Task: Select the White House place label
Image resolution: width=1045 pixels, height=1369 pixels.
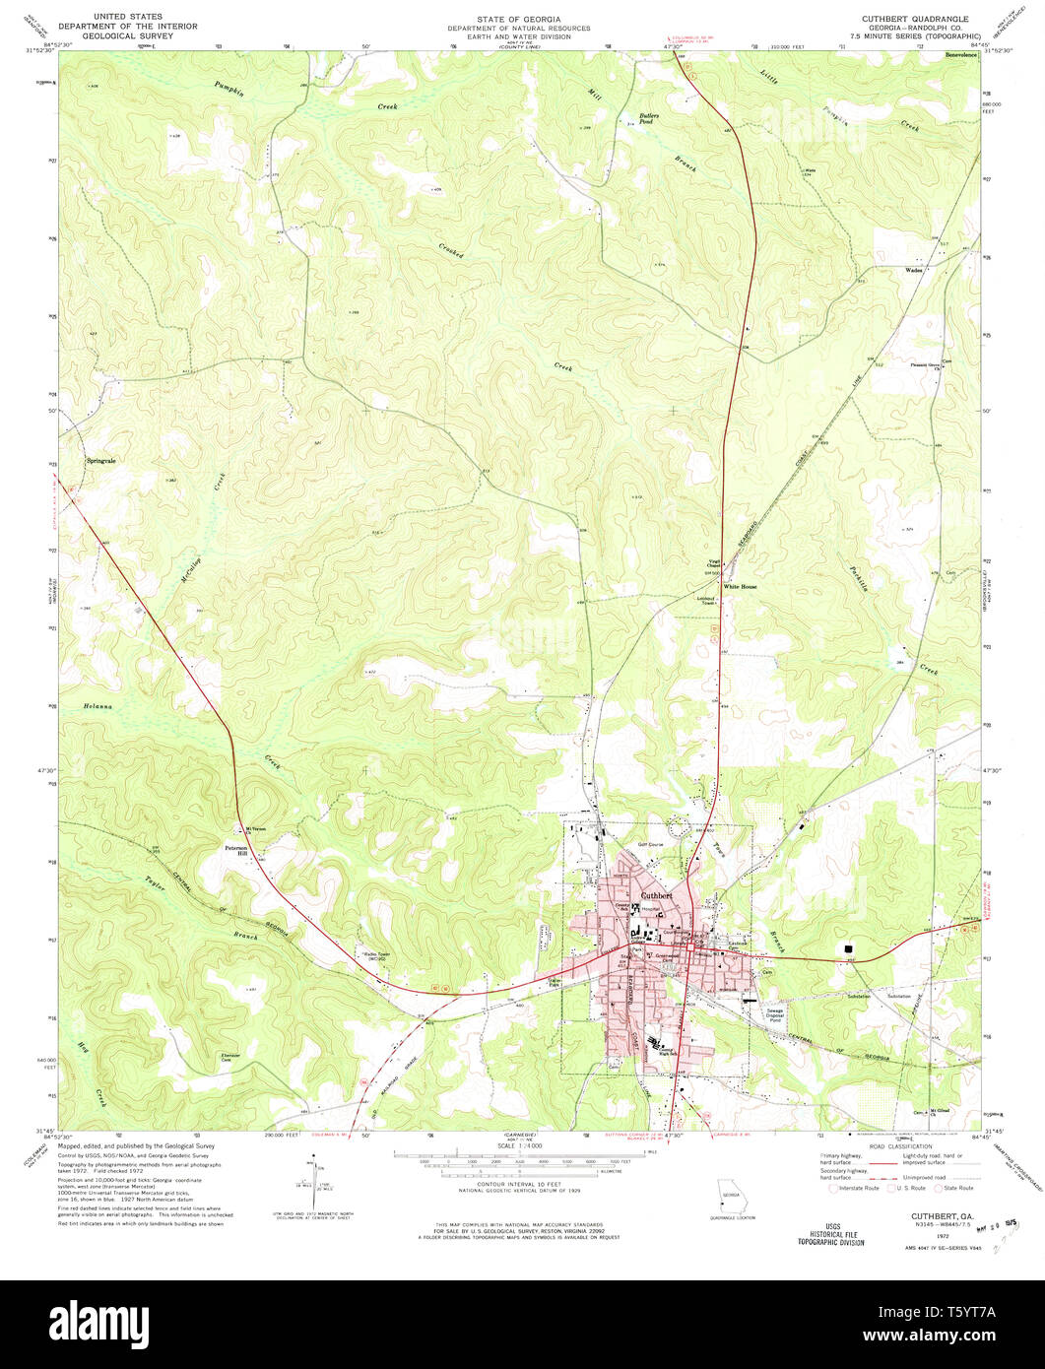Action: pos(741,587)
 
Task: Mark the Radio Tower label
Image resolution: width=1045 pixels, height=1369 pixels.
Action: pos(378,956)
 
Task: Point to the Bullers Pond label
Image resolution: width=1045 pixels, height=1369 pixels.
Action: pos(648,119)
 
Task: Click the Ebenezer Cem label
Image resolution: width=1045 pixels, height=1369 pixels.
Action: pos(230,1058)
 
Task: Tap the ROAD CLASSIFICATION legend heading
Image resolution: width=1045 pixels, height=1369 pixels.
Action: pos(899,1147)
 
